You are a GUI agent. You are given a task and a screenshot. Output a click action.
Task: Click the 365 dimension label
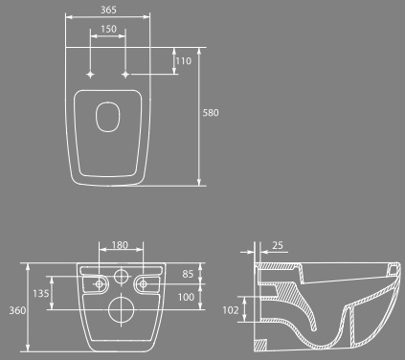click(108, 10)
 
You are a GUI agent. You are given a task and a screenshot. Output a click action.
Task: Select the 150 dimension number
click(108, 29)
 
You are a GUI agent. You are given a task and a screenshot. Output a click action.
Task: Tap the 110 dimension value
click(184, 61)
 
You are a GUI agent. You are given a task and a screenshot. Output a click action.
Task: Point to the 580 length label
click(211, 113)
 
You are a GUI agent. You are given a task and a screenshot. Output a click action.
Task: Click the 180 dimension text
click(120, 245)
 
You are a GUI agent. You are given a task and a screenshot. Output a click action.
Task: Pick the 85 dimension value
click(188, 274)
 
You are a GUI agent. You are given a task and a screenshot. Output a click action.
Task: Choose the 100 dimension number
click(186, 297)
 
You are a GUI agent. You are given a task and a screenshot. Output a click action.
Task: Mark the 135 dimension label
click(41, 293)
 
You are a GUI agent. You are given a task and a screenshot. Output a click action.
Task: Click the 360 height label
click(17, 310)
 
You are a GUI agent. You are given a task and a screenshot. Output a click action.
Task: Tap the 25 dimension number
click(278, 245)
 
